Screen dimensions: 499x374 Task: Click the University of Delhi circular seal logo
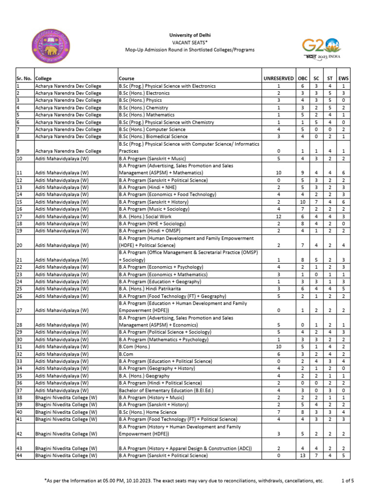point(51,48)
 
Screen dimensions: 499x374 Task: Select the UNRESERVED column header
point(279,78)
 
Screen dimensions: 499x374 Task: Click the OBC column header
point(302,78)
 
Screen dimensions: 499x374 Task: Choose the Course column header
point(127,78)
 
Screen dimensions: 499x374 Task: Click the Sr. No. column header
point(24,78)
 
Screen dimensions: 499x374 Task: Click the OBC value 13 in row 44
point(302,456)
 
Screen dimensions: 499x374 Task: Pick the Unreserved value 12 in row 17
point(279,216)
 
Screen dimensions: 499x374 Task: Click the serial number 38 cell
point(19,398)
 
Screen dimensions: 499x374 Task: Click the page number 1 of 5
point(348,480)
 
